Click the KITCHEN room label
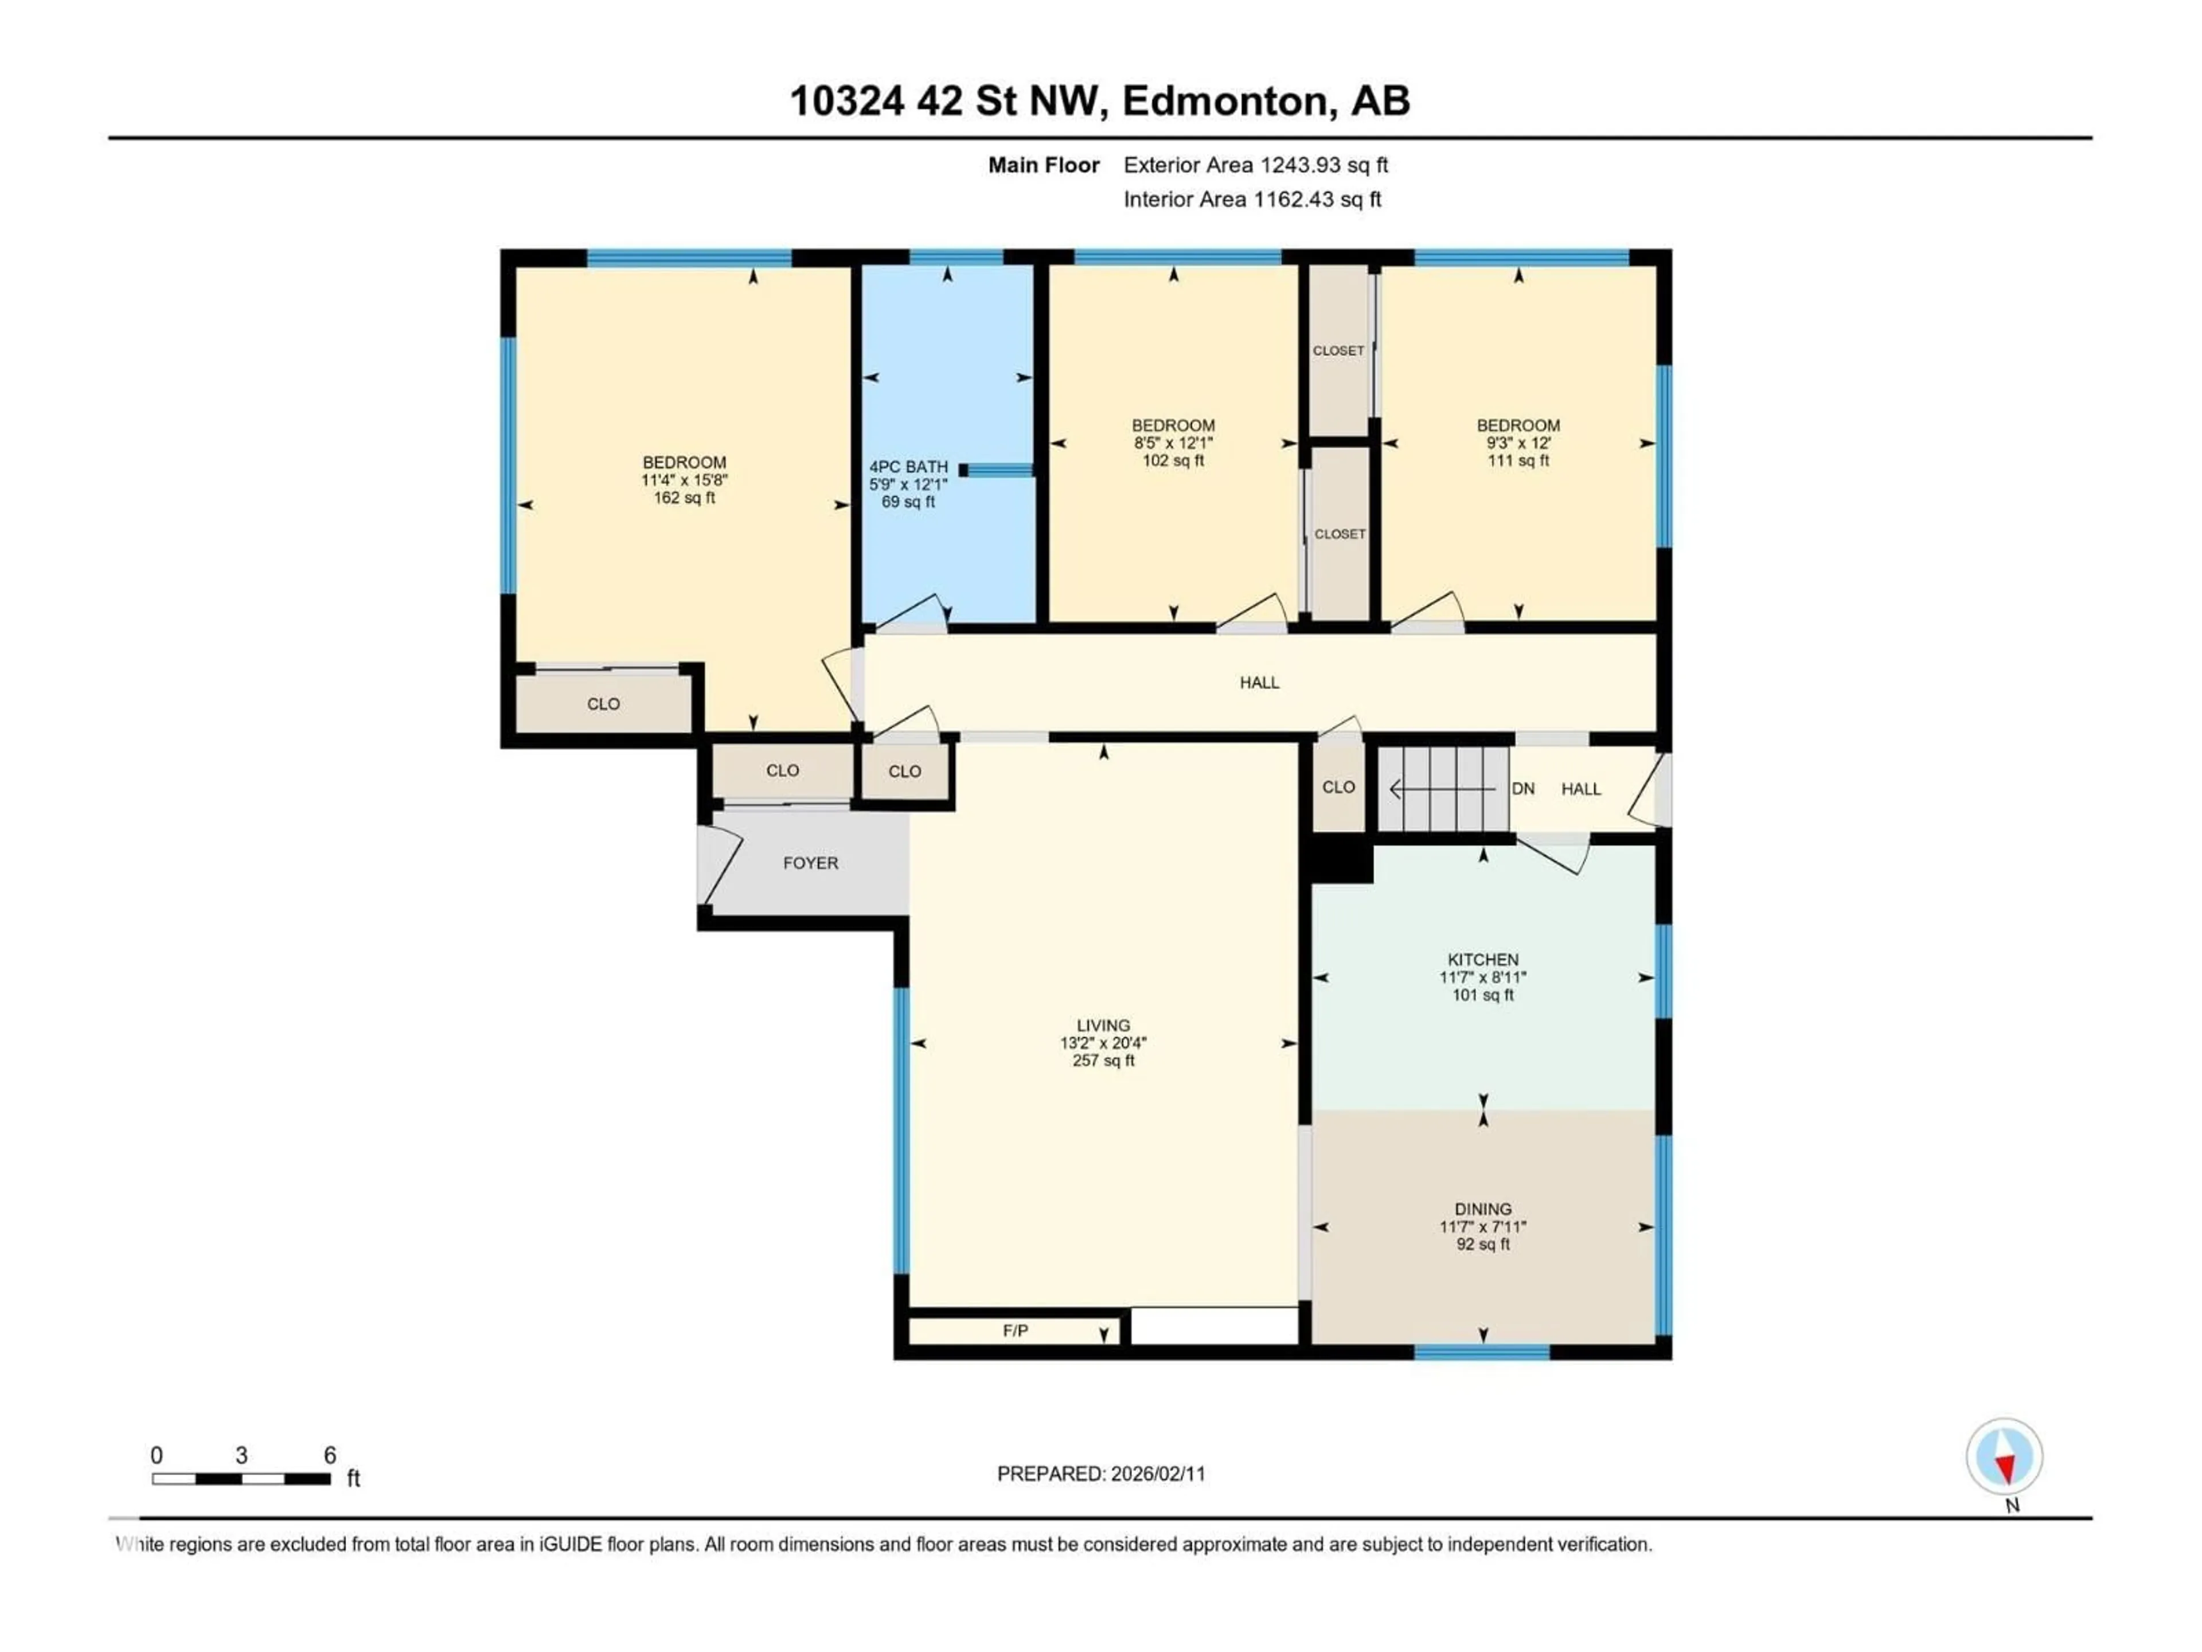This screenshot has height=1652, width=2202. tap(1482, 960)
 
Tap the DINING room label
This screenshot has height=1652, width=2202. tap(1482, 1209)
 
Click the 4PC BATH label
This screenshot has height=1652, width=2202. tap(908, 467)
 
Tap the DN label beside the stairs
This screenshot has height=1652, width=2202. tap(1522, 789)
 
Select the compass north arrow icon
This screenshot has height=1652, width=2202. tap(2004, 1457)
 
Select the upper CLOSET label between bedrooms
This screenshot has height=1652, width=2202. tap(1338, 350)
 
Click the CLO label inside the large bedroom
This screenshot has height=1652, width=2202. tap(603, 704)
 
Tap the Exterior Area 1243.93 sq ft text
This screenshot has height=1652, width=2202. tap(1255, 165)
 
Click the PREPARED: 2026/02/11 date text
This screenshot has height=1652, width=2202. tap(1101, 1474)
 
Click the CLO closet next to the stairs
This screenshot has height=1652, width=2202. tap(1338, 786)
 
